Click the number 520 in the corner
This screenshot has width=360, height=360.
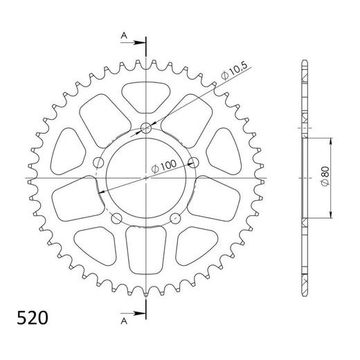click(33, 319)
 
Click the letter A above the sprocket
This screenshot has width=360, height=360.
click(123, 35)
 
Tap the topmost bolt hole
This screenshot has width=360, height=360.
click(147, 127)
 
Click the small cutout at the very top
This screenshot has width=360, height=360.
click(147, 91)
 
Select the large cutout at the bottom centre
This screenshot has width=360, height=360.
click(147, 249)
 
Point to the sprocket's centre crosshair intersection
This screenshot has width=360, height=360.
click(147, 179)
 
